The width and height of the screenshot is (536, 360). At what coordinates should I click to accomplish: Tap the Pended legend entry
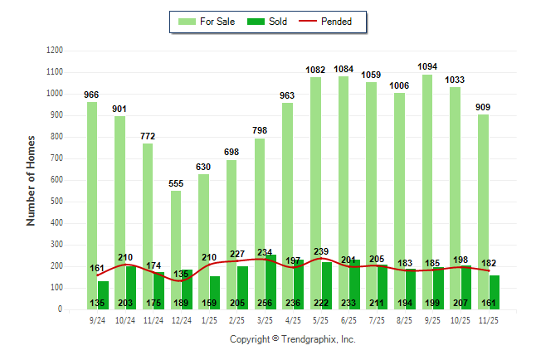coord(331,22)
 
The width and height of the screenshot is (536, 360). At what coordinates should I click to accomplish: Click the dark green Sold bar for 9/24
coord(104,294)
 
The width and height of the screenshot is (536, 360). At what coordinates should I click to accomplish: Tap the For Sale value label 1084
coord(344,68)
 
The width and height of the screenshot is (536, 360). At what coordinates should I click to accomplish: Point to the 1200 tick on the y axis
coord(54,51)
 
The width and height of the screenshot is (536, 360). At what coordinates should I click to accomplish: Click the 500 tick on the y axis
coord(56,202)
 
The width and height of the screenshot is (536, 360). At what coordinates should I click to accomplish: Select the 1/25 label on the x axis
coord(204,319)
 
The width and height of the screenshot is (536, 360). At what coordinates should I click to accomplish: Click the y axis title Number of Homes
coord(31,180)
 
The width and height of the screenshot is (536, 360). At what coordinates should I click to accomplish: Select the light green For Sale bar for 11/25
coord(484,207)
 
